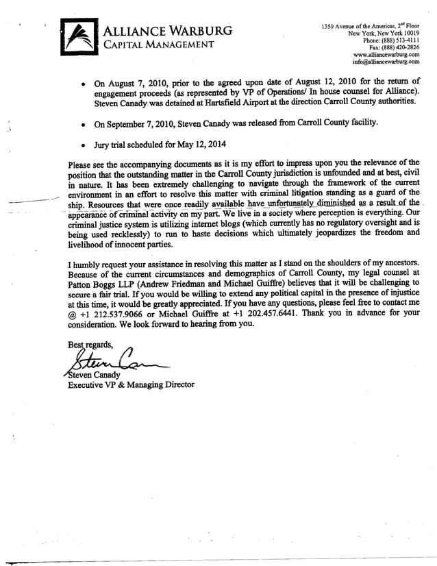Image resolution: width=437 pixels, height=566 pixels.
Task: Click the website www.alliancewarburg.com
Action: click(386, 55)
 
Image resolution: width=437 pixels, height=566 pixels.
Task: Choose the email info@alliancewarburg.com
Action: click(384, 62)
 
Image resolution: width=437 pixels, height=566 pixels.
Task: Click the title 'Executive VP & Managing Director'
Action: click(130, 385)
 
